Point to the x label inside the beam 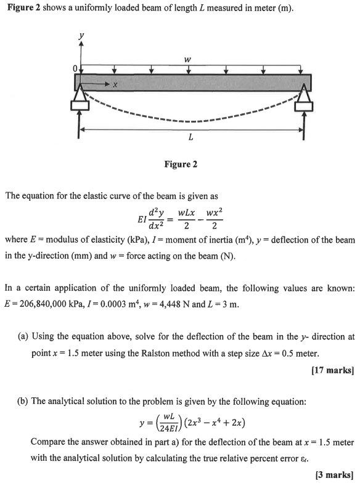[115, 84]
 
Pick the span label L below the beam [191, 137]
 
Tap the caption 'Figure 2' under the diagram [181, 165]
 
